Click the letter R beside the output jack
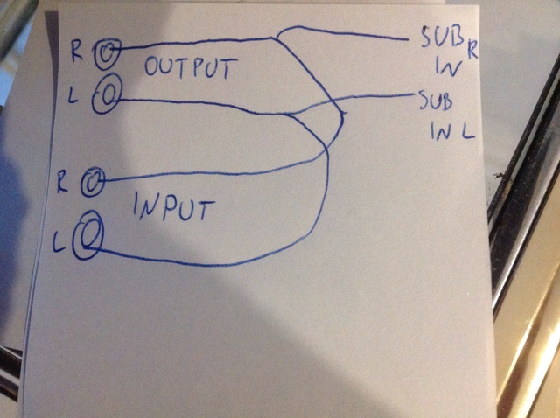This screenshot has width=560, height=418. [x=77, y=50]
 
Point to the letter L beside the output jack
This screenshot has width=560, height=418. [x=75, y=96]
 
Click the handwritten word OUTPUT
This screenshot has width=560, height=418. [x=187, y=68]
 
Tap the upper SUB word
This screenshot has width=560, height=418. [x=434, y=41]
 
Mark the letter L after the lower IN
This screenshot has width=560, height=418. [x=469, y=134]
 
